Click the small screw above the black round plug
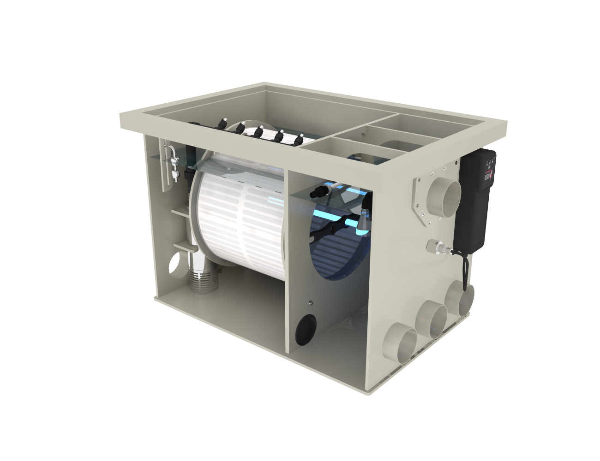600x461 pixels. (310, 303)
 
